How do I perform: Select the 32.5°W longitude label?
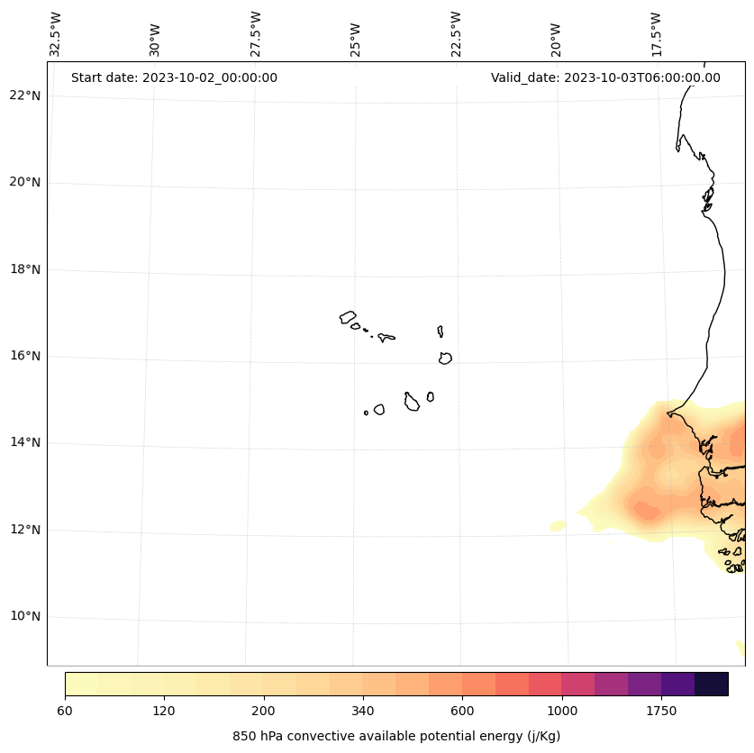point(56,34)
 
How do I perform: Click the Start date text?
point(174,77)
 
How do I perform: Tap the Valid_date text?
point(605,77)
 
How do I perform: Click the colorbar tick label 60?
point(65,711)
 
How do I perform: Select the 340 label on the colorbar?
point(363,711)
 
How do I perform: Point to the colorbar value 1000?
point(561,711)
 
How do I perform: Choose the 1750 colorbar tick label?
point(661,711)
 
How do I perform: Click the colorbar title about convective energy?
point(396,736)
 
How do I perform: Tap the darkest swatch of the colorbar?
point(712,684)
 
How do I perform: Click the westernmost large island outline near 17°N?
point(348,317)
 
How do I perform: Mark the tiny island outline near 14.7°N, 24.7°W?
point(366,413)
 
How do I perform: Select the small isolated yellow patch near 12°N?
point(559,525)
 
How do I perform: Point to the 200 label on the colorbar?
point(263,711)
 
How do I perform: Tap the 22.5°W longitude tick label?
point(456,34)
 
